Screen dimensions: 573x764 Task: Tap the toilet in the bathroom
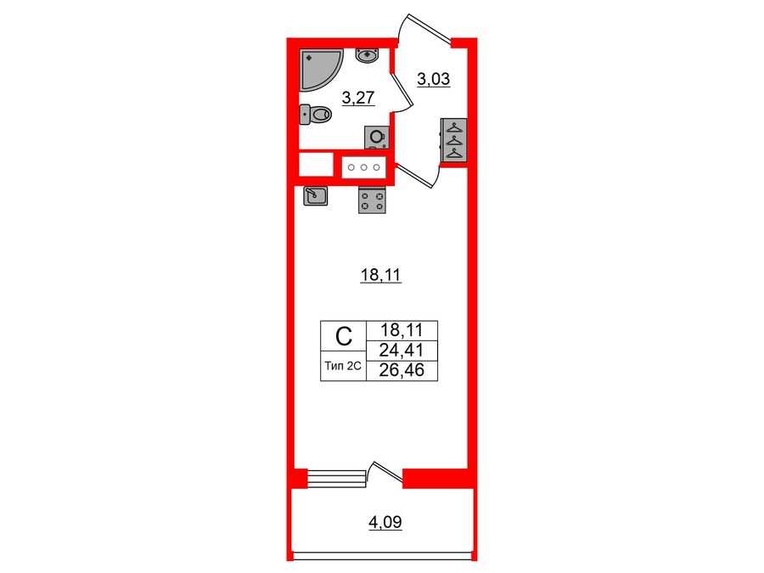pos(316,114)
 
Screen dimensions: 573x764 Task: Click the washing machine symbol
pos(375,137)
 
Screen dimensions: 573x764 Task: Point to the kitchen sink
pos(315,196)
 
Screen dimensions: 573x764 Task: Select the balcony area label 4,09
pos(385,523)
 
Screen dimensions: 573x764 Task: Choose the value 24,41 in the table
pos(402,351)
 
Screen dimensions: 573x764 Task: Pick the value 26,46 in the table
pos(402,371)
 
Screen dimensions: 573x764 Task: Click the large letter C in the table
pos(343,338)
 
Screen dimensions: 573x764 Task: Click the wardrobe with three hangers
pos(453,140)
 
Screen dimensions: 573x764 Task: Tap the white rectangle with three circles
pos(364,167)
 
